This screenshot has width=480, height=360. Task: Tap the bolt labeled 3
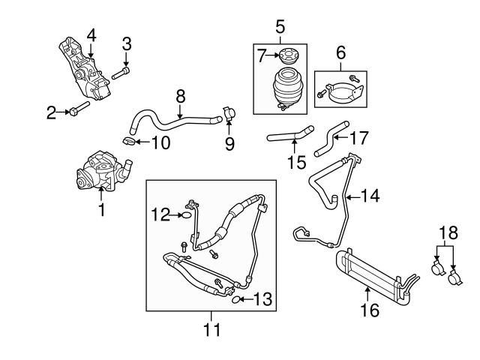[x=122, y=73]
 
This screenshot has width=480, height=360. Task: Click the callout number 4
[x=91, y=34]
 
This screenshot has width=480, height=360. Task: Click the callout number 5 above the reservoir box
[x=279, y=28]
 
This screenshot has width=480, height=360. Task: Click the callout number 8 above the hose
[x=180, y=96]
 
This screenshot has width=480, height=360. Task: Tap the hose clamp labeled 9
[x=229, y=116]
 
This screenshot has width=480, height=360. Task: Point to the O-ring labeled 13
[x=235, y=301]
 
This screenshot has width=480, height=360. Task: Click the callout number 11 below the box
[x=211, y=328]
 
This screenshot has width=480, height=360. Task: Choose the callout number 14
[x=370, y=196]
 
